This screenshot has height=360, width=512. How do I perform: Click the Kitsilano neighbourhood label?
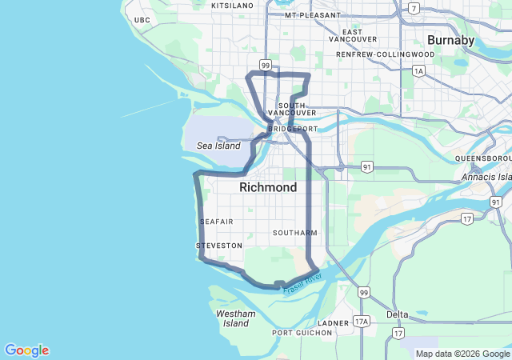[x=232, y=6]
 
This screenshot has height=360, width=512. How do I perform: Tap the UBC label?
[x=142, y=20]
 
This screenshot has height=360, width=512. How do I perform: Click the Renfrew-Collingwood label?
[x=386, y=54]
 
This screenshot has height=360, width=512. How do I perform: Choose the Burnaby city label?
[x=451, y=39]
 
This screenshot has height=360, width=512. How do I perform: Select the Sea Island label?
[x=218, y=146]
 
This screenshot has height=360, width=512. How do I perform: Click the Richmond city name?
[x=268, y=187]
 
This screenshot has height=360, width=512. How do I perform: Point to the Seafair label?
[x=216, y=222]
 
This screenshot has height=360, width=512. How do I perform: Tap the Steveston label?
[x=218, y=246]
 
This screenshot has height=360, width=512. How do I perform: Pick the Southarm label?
[x=294, y=233]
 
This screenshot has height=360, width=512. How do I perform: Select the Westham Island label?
[x=236, y=318]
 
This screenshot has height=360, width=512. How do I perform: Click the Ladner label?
[x=334, y=322]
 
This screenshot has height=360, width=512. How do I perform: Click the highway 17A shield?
[x=362, y=322]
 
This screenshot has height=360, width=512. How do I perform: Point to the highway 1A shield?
[x=418, y=71]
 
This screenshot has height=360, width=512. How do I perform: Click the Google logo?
[x=26, y=350]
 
